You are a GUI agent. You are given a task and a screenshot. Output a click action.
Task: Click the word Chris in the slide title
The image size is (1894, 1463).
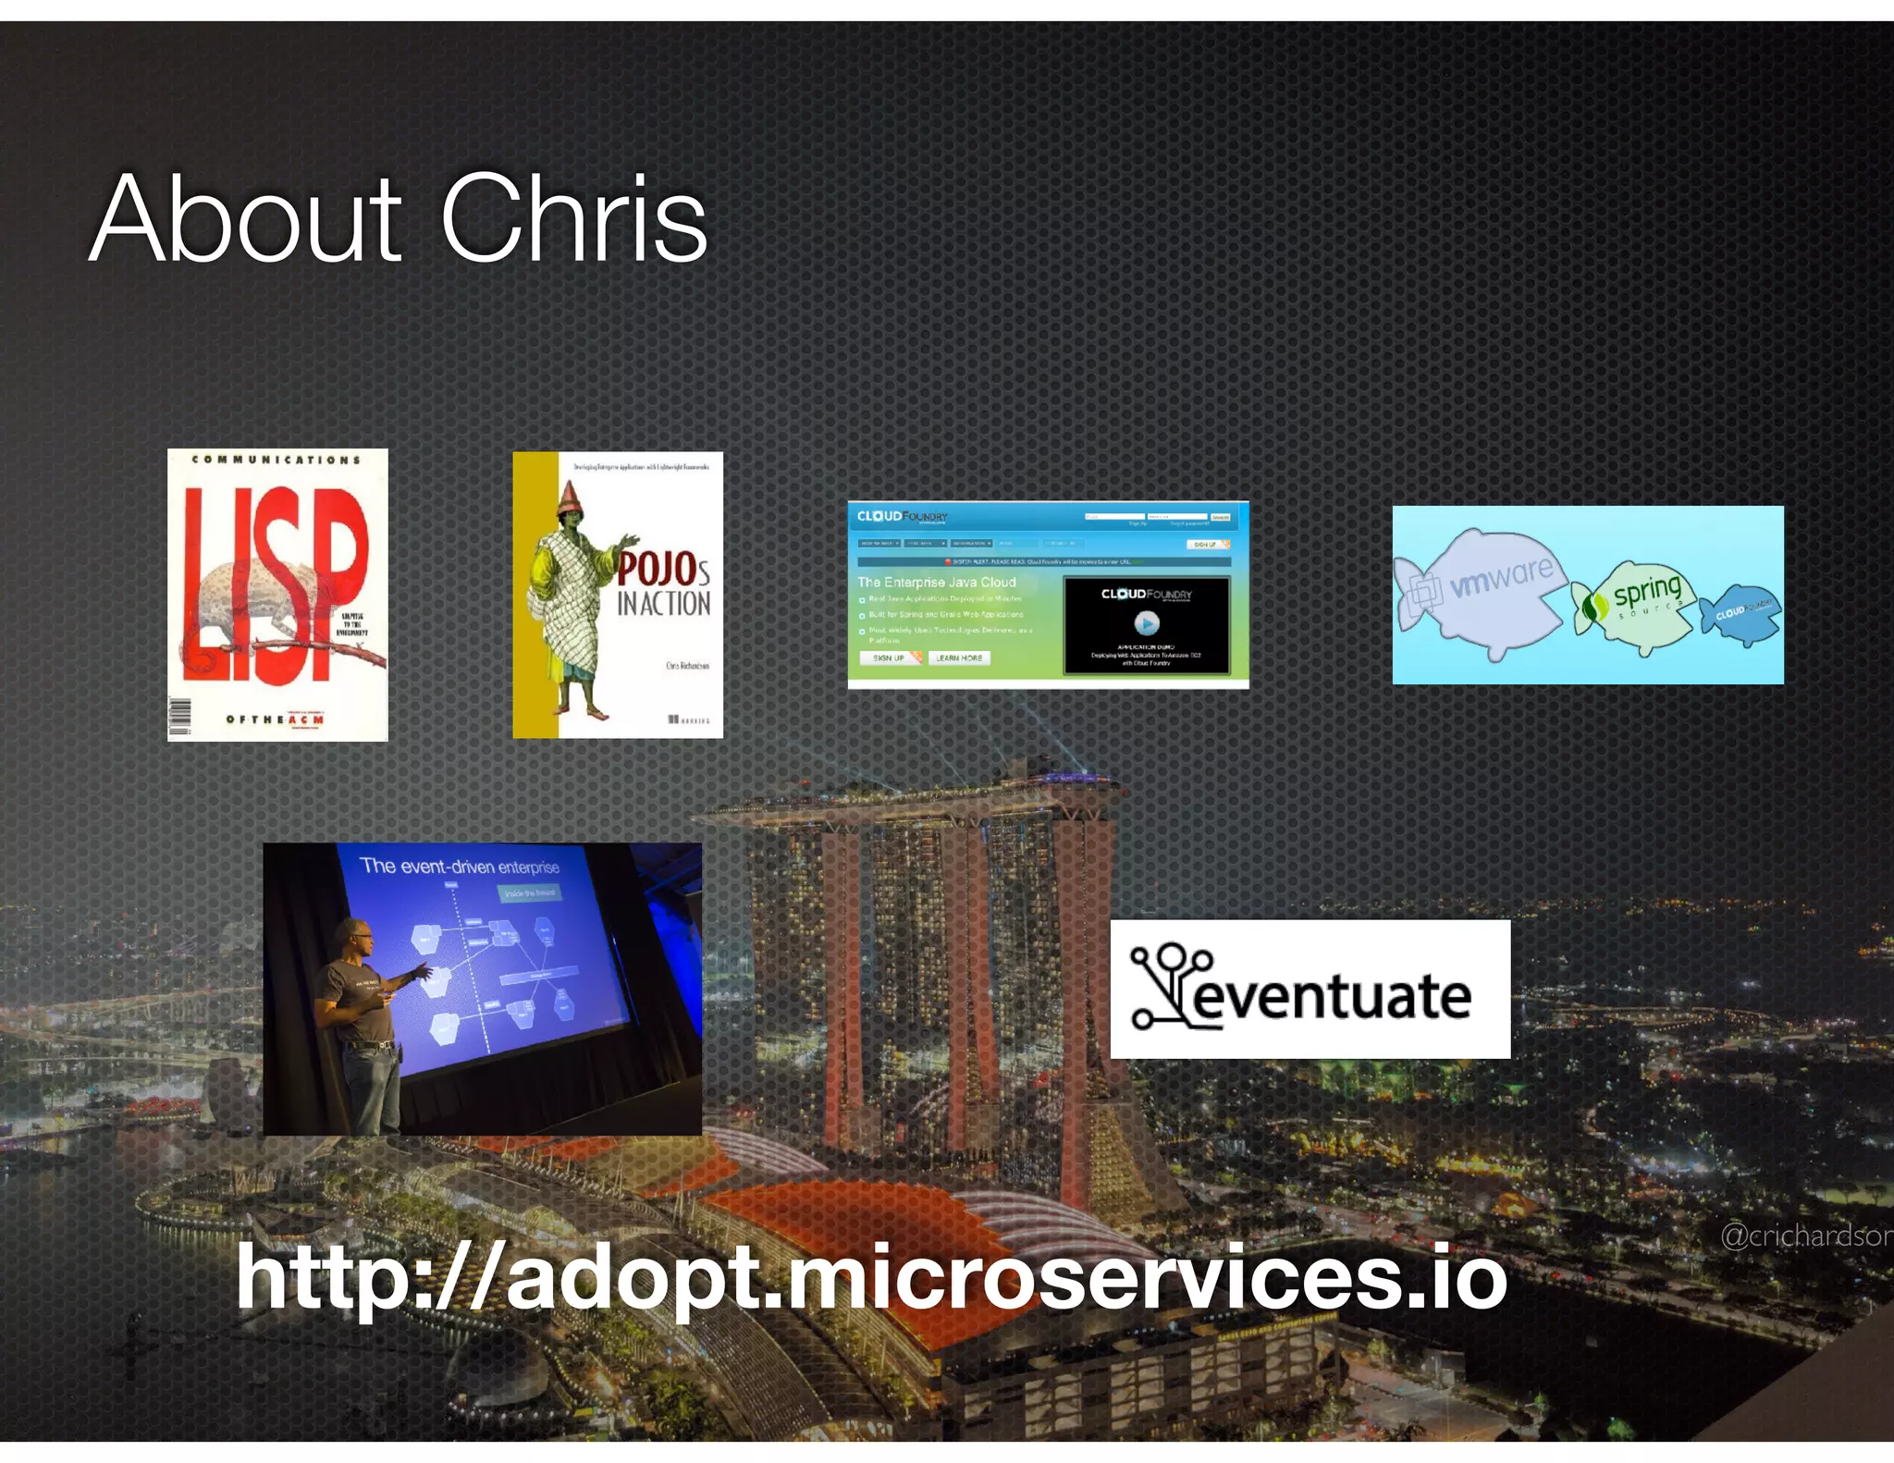pyautogui.click(x=573, y=220)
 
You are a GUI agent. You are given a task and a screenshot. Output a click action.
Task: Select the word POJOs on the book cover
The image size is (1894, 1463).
pyautogui.click(x=664, y=567)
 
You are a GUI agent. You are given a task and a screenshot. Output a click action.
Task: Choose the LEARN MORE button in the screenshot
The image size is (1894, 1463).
pyautogui.click(x=958, y=658)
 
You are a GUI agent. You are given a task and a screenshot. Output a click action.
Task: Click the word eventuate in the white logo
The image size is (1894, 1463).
pyautogui.click(x=1332, y=997)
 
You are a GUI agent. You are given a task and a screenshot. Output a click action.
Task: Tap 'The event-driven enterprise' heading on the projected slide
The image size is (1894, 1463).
pyautogui.click(x=460, y=867)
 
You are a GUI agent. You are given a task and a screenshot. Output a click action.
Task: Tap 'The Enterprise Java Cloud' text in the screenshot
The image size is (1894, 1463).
pyautogui.click(x=936, y=582)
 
